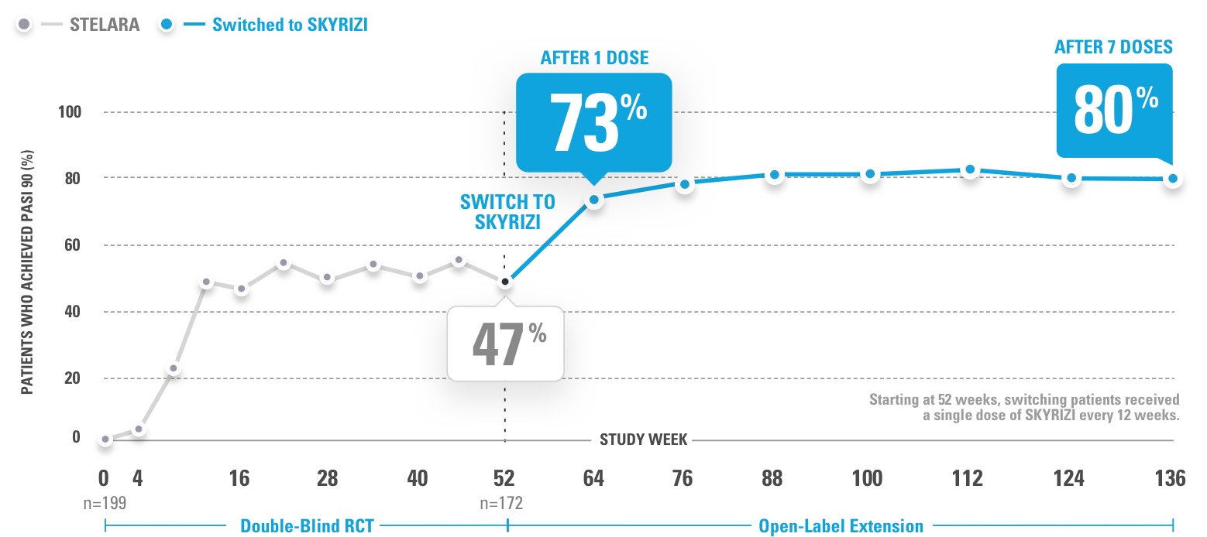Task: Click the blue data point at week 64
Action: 594,200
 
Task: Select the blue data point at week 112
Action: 970,169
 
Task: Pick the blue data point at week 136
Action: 1173,179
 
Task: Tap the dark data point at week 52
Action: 505,282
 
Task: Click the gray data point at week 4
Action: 139,429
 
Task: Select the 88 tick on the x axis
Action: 773,478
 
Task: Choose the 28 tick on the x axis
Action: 328,478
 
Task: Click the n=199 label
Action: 105,503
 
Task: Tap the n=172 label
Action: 502,503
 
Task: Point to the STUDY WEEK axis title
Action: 644,440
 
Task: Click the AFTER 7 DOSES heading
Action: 1113,47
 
